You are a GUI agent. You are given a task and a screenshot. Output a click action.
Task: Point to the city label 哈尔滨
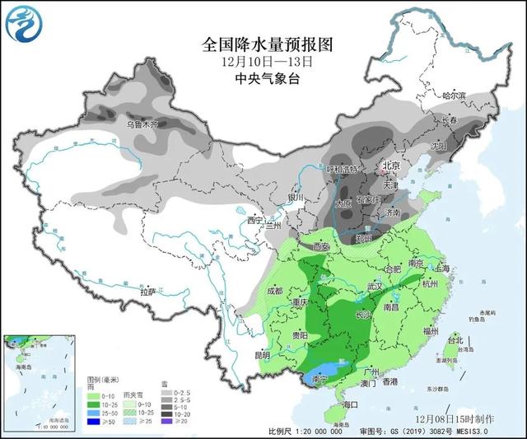454,96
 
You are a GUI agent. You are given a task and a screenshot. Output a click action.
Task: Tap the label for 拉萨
147,292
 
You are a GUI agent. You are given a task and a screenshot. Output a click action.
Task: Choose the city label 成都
274,291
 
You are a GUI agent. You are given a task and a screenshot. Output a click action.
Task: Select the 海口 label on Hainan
351,404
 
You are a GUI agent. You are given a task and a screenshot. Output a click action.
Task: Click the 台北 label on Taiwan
455,339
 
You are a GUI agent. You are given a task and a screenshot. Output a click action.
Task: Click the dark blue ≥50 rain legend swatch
93,421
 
